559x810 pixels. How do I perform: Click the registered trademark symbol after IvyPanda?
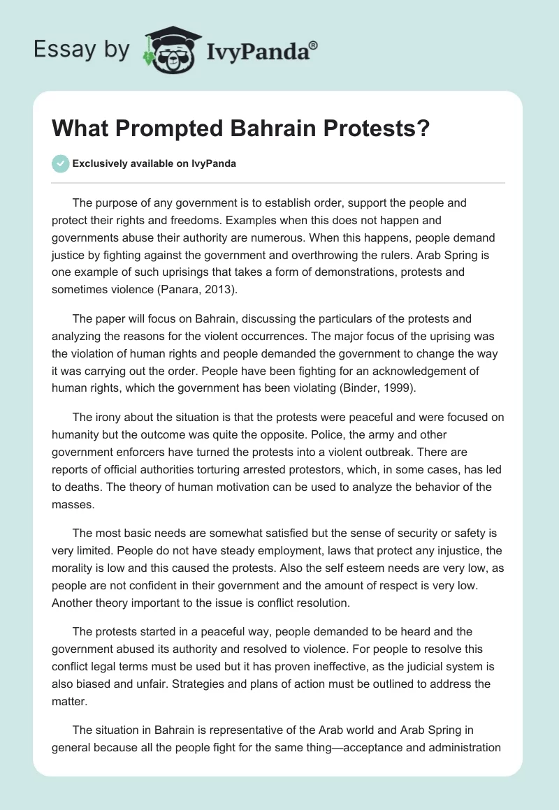(x=314, y=45)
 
